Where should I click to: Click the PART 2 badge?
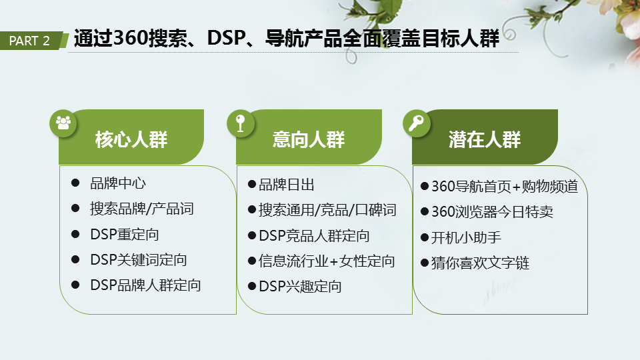pyautogui.click(x=31, y=41)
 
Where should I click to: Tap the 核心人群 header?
pyautogui.click(x=131, y=139)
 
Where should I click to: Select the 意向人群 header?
pyautogui.click(x=309, y=139)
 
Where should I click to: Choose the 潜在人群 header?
pyautogui.click(x=485, y=139)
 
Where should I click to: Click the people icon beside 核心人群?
pyautogui.click(x=63, y=123)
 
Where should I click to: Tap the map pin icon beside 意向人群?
pyautogui.click(x=240, y=123)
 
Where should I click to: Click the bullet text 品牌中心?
pyautogui.click(x=118, y=183)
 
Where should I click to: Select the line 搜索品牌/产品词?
pyautogui.click(x=141, y=209)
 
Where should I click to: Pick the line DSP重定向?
pyautogui.click(x=125, y=235)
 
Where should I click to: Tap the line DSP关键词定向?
pyautogui.click(x=139, y=260)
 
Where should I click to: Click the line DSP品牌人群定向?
pyautogui.click(x=145, y=285)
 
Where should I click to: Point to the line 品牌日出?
pyautogui.click(x=287, y=185)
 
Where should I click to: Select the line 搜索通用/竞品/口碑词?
pyautogui.click(x=327, y=210)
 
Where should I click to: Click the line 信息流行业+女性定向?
pyautogui.click(x=327, y=261)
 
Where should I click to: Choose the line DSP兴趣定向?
pyautogui.click(x=300, y=287)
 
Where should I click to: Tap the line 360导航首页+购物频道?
pyautogui.click(x=505, y=187)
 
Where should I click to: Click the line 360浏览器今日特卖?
pyautogui.click(x=493, y=212)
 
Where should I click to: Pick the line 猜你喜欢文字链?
pyautogui.click(x=481, y=263)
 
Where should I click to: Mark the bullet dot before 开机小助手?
pyautogui.click(x=424, y=238)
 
